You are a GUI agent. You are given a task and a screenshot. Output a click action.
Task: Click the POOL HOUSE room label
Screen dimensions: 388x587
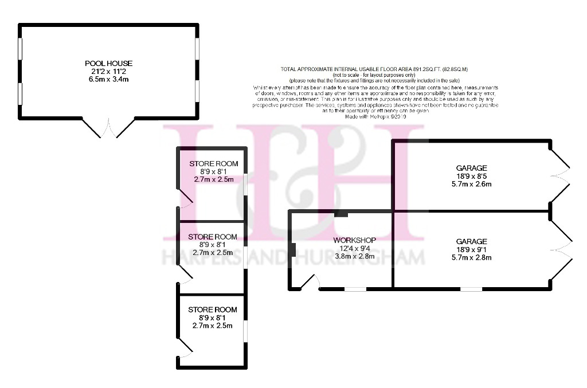coord(108,63)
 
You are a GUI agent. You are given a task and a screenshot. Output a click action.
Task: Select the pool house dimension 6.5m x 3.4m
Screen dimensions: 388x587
coord(108,79)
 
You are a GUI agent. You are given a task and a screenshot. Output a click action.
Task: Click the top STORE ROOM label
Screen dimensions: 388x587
coord(213,163)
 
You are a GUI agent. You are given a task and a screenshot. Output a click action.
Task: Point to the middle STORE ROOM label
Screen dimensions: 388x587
coord(213,237)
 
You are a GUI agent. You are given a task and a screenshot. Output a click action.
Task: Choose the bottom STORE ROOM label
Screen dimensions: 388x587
coord(213,310)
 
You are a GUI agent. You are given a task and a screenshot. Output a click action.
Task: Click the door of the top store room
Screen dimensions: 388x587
coord(185,198)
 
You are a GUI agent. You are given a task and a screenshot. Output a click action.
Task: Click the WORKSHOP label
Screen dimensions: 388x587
coord(355,240)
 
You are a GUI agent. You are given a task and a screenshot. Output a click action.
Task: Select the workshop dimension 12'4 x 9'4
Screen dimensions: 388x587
coord(355,248)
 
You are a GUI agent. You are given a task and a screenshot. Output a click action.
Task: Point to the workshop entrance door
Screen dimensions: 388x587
coord(312,281)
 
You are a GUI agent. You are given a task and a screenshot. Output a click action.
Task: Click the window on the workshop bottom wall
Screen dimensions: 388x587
coord(355,288)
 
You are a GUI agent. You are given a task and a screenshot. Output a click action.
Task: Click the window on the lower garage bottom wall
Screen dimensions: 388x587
coord(471,288)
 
